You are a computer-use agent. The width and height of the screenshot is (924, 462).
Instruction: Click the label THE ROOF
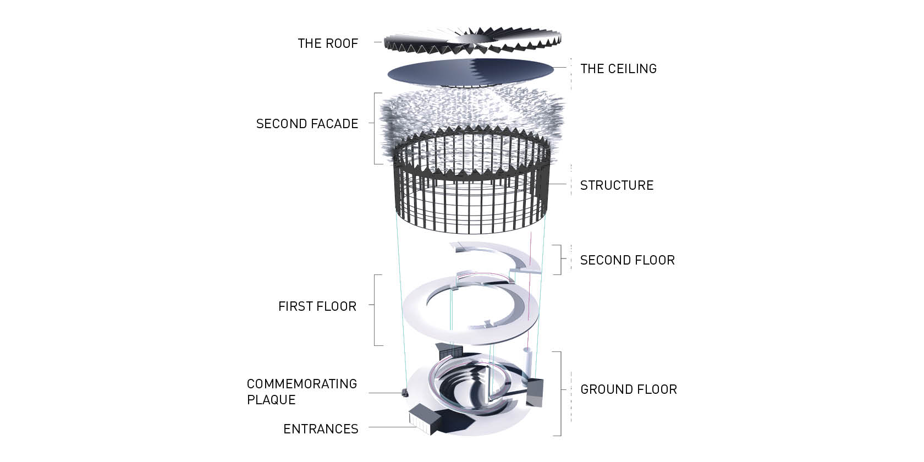tap(328, 43)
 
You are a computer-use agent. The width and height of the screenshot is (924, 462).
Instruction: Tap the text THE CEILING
tap(618, 69)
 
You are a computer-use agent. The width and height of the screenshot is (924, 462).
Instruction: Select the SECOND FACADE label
tap(307, 124)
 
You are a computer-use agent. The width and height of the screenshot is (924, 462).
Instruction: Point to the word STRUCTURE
tap(617, 185)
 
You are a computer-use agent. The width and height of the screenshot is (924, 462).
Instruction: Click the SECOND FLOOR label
tap(627, 260)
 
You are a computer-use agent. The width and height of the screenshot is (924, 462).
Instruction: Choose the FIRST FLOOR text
tap(317, 306)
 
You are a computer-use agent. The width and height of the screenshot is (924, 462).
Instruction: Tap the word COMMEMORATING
tap(302, 384)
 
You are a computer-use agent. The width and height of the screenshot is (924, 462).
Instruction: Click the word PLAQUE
tap(271, 400)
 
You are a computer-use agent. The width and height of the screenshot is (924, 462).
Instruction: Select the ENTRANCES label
tap(321, 429)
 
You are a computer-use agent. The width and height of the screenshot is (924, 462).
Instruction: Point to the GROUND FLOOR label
tap(629, 389)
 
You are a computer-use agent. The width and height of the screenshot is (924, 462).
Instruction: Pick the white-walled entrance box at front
tap(424, 421)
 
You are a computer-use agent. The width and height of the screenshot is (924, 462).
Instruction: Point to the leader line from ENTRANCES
tap(389, 427)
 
